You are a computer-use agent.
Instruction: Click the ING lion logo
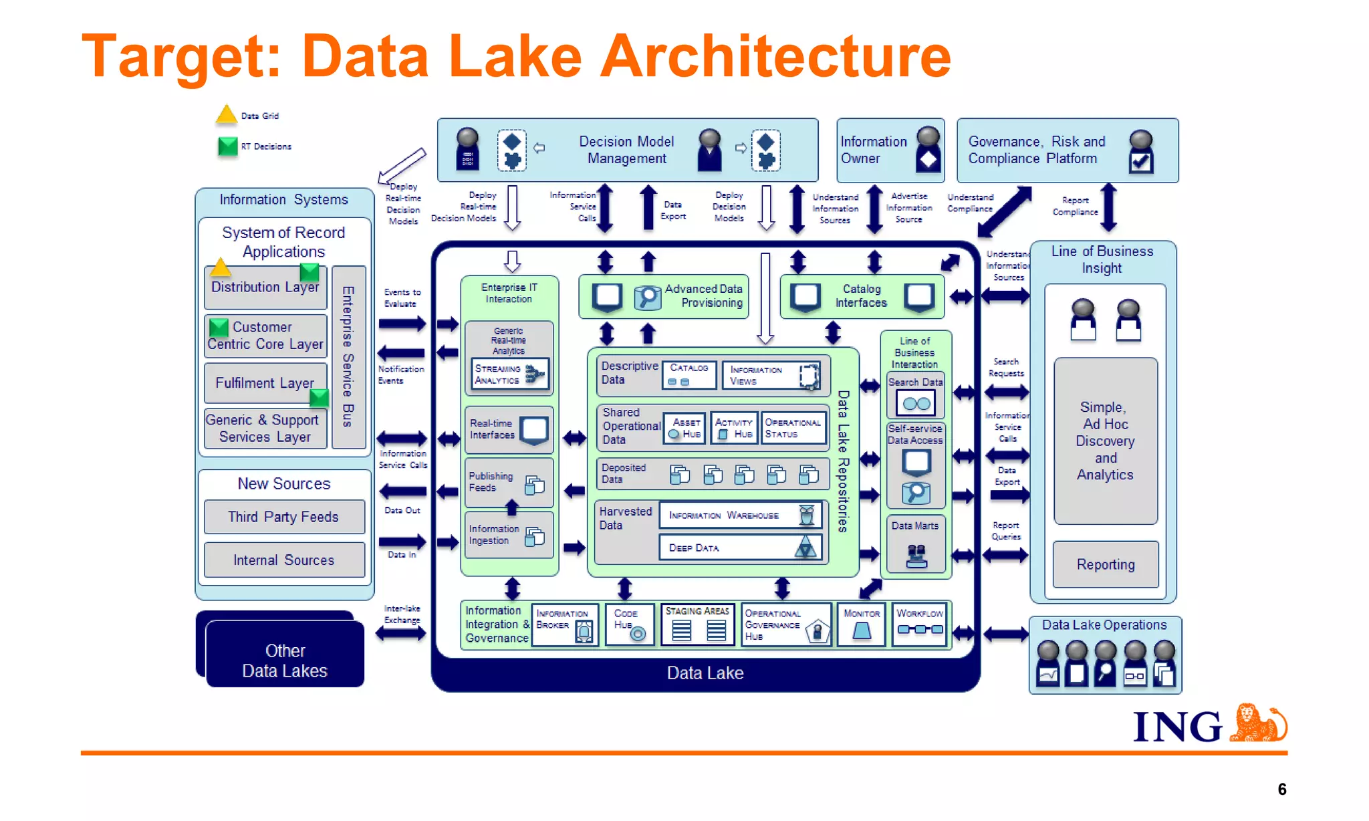(x=1257, y=723)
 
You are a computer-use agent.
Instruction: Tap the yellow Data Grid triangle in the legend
(x=226, y=116)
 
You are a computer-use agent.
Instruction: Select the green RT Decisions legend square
(x=227, y=146)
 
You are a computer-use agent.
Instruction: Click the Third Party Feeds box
(x=284, y=517)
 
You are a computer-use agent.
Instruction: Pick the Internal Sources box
(x=284, y=560)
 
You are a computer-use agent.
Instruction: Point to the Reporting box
(x=1105, y=564)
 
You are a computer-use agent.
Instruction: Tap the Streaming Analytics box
(x=510, y=374)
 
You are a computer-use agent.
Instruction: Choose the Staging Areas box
(x=697, y=624)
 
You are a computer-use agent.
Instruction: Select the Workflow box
(x=920, y=624)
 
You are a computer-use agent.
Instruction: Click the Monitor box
(x=862, y=624)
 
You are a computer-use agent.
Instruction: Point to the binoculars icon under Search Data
(x=916, y=404)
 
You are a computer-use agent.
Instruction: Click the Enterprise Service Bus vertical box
(x=348, y=356)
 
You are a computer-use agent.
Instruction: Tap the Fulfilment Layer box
(x=265, y=383)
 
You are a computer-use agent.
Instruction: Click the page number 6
(x=1281, y=789)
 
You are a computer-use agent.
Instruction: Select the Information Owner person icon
(x=928, y=150)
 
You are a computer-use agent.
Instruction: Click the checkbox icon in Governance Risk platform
(x=1140, y=161)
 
